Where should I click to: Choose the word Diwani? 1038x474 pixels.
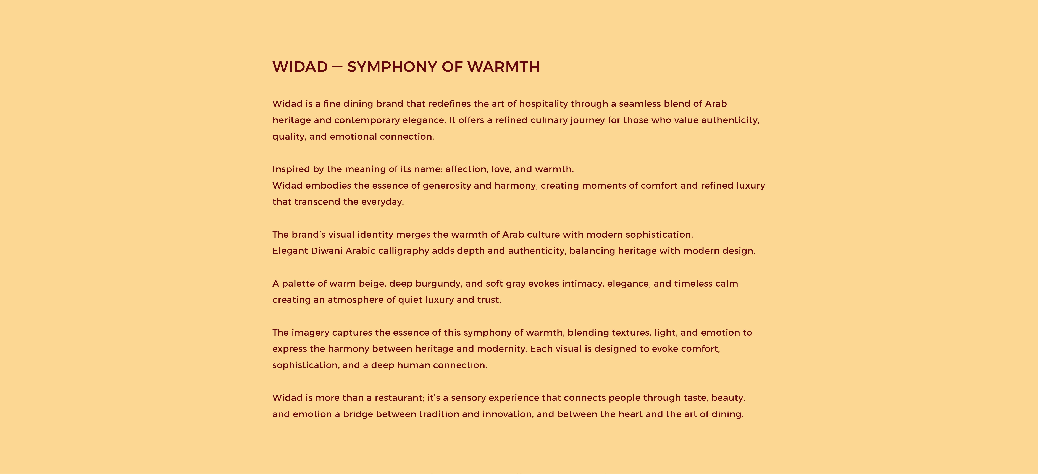click(x=326, y=251)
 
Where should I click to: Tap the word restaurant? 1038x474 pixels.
click(x=399, y=398)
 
